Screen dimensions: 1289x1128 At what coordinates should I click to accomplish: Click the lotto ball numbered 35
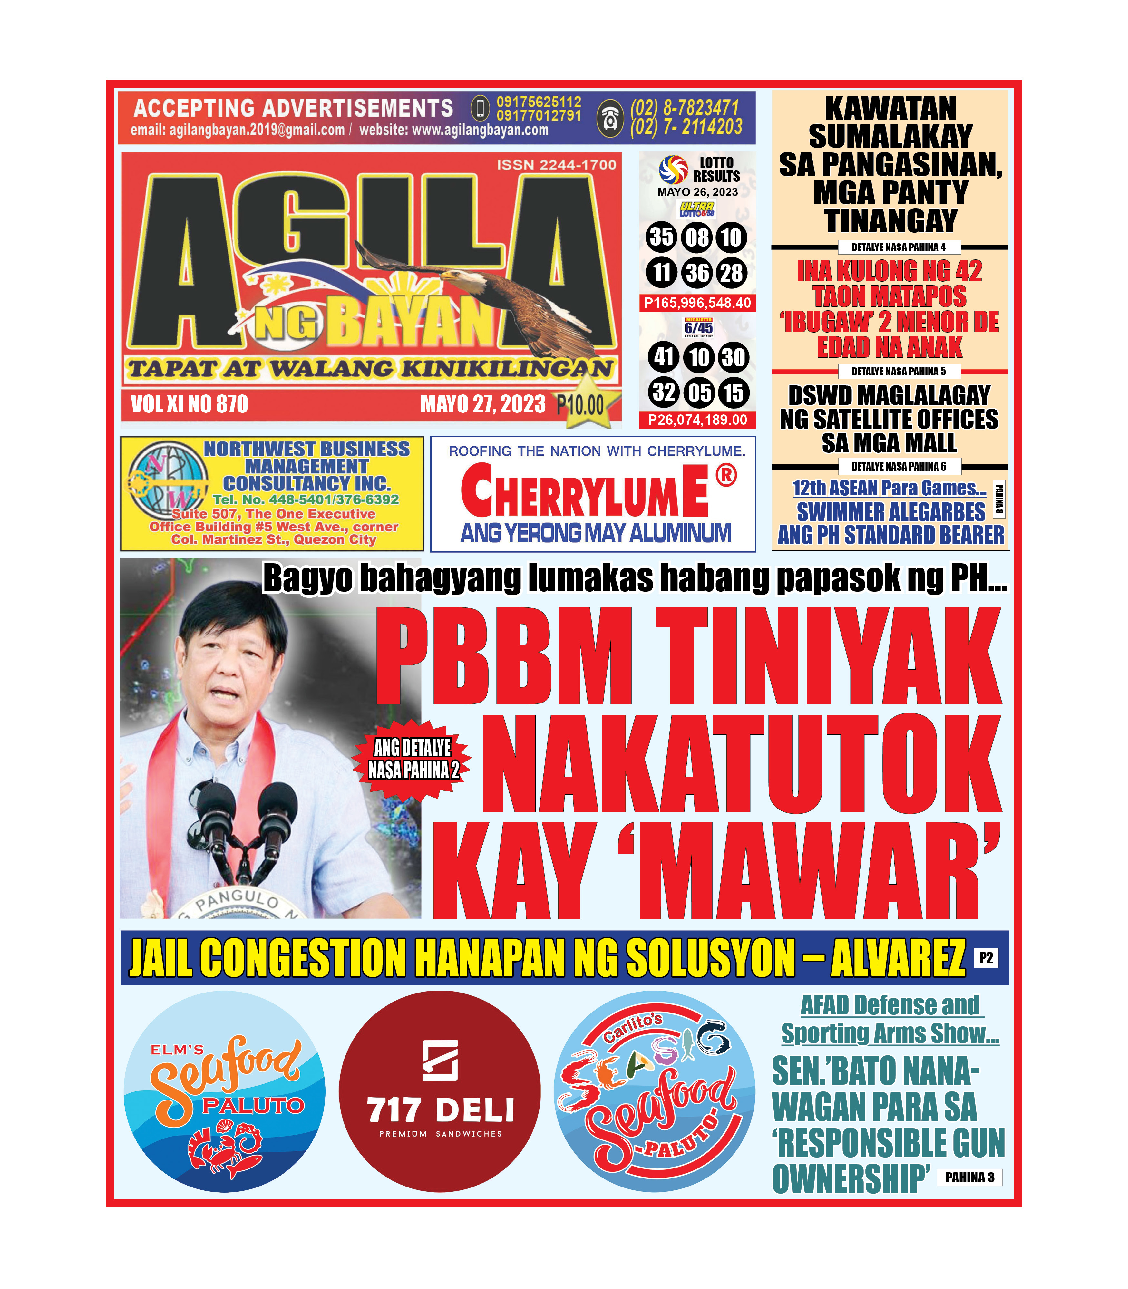(661, 237)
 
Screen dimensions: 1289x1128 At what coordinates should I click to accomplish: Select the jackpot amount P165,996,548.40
(697, 303)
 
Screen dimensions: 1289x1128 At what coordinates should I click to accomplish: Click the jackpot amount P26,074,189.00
(697, 420)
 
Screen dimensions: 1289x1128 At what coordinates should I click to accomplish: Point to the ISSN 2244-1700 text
(557, 165)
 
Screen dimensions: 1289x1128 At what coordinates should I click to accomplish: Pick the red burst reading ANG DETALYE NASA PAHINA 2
(413, 759)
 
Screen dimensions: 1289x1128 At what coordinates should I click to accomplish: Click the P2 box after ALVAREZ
(986, 958)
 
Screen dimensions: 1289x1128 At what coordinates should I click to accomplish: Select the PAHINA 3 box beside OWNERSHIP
(969, 1177)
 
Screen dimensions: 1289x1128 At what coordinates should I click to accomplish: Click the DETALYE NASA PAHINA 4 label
(898, 247)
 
